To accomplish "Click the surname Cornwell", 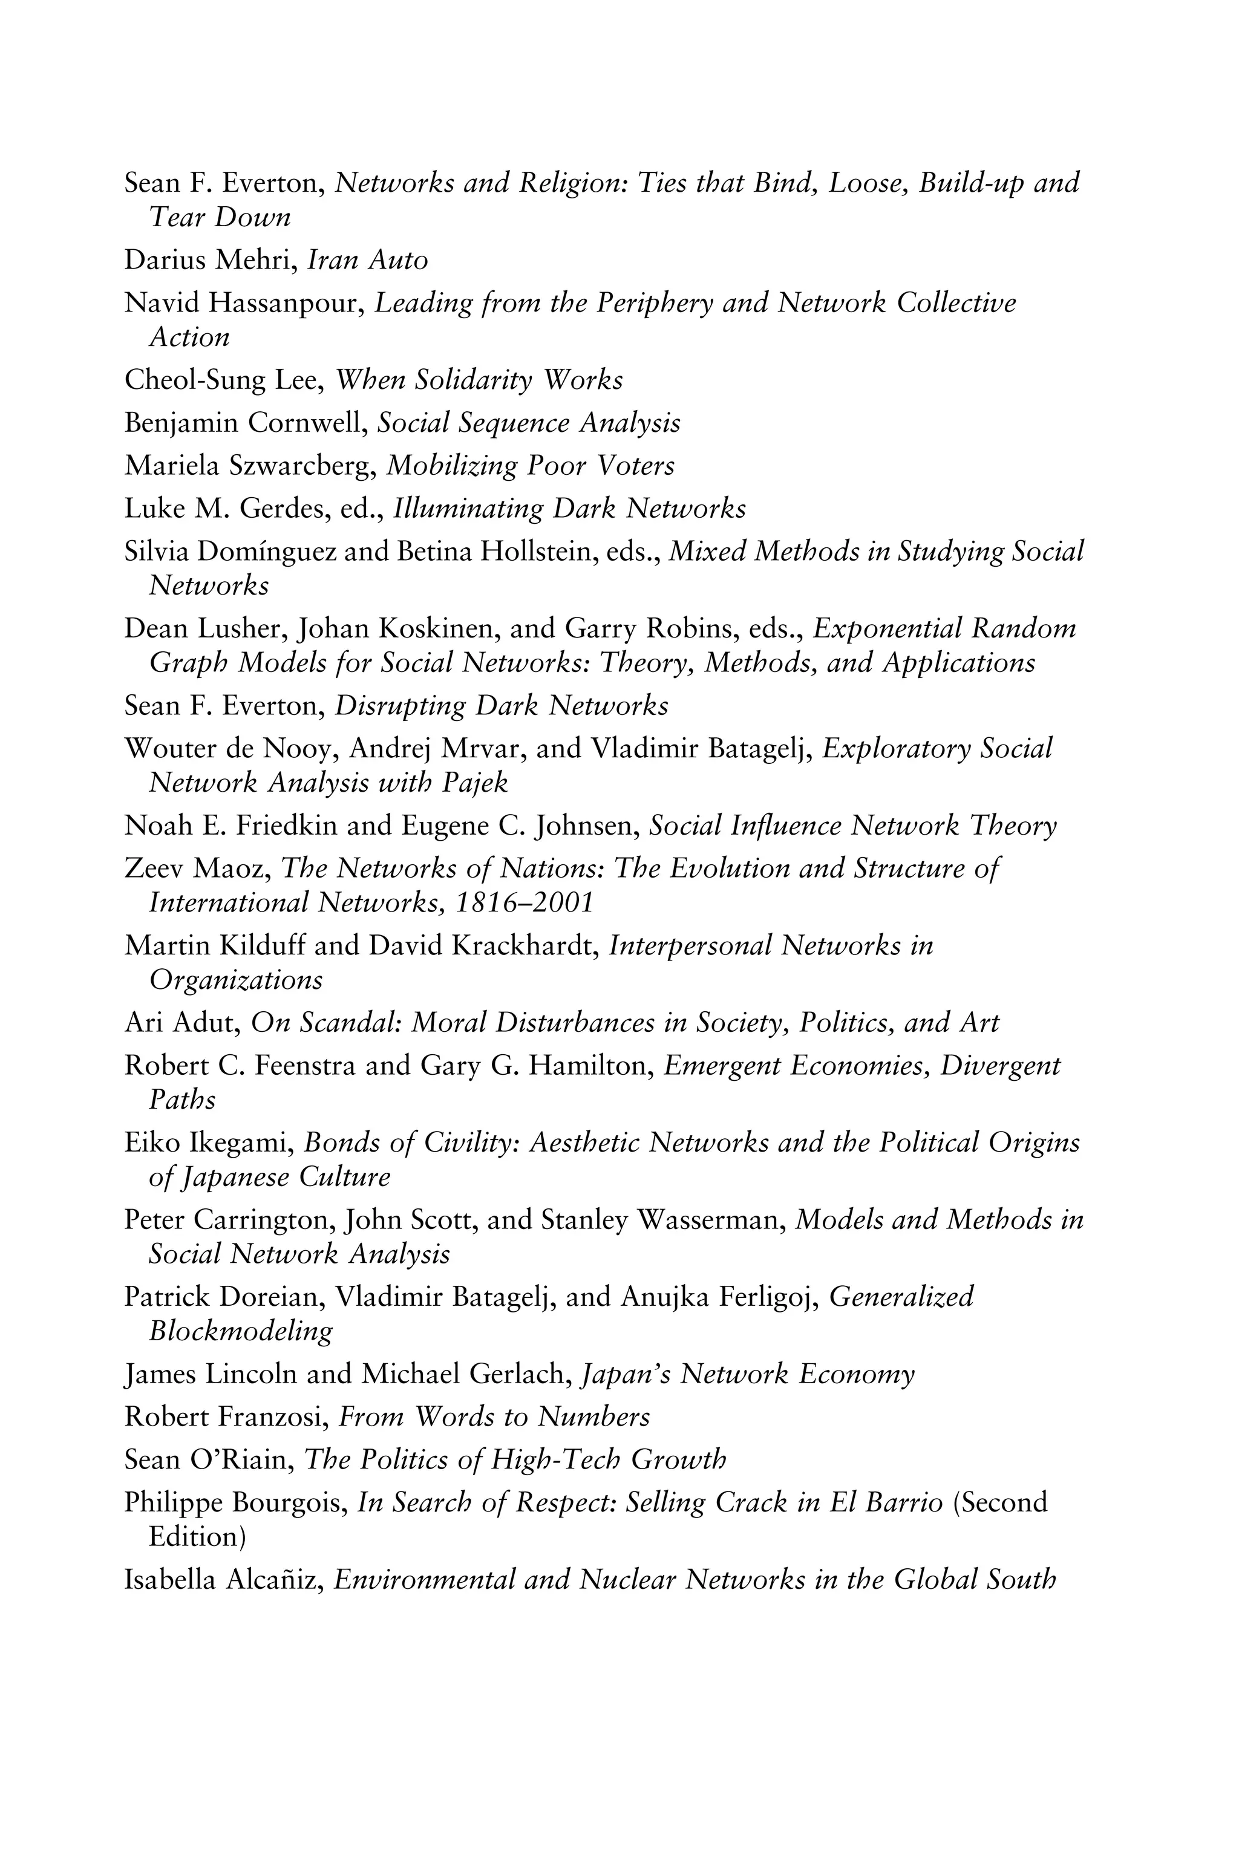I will [307, 423].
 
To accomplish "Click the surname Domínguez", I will [267, 552].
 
